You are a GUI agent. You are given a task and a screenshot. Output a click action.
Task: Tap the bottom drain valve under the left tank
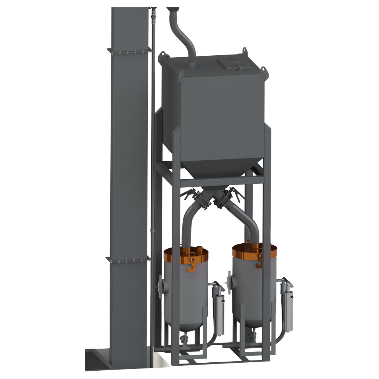point(183,337)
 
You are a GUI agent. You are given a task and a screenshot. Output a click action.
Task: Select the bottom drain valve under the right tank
point(252,334)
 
